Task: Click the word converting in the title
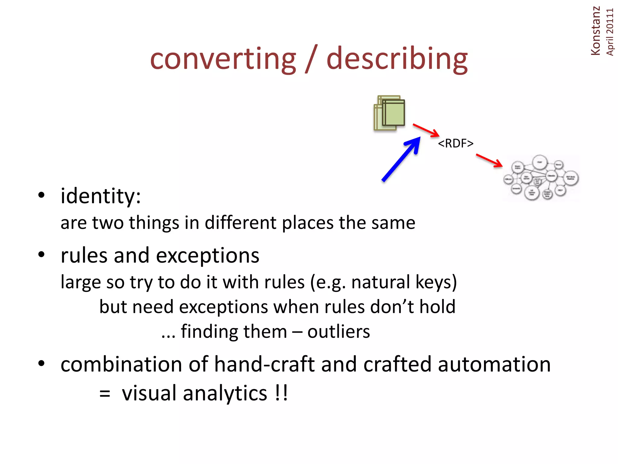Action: (223, 59)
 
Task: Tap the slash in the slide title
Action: (311, 59)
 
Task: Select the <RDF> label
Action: (455, 143)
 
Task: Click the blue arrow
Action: (401, 159)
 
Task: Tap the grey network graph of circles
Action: (540, 178)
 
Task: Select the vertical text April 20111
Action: (610, 32)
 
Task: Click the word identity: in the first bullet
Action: (100, 196)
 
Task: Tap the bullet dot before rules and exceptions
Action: (41, 254)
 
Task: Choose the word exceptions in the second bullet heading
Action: (208, 256)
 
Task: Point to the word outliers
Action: (339, 332)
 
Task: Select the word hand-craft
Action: (264, 364)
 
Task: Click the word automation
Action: (494, 364)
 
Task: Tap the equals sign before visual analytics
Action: (105, 394)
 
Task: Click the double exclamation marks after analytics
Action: (282, 393)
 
